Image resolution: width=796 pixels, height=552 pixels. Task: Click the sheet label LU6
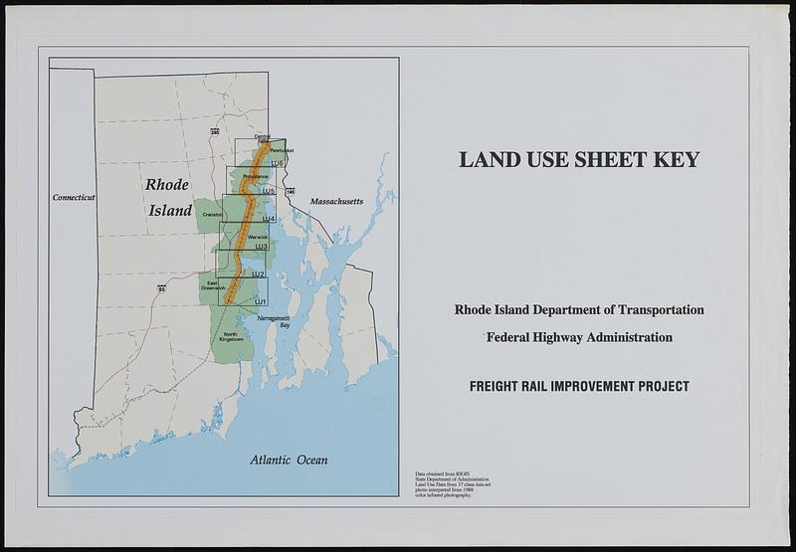(277, 162)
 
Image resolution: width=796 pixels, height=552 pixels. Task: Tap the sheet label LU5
(269, 190)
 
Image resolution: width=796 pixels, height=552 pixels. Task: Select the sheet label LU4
(269, 219)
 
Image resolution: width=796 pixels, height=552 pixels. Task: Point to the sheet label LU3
(262, 246)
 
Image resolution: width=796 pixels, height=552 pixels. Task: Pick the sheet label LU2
(258, 274)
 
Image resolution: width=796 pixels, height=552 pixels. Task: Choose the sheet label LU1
(261, 300)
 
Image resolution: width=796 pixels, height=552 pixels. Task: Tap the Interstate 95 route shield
(160, 288)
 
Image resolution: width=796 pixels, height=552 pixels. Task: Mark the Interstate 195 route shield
(290, 191)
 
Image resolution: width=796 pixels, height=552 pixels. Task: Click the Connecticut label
(74, 198)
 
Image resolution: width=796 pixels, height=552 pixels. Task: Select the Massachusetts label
(336, 202)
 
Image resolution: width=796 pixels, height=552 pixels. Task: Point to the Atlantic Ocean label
(289, 460)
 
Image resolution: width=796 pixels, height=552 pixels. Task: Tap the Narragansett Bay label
(275, 321)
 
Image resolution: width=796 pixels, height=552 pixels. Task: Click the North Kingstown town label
(231, 338)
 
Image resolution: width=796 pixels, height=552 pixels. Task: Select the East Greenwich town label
(212, 285)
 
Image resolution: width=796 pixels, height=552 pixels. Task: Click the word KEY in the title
(673, 159)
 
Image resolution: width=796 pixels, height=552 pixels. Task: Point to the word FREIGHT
(501, 386)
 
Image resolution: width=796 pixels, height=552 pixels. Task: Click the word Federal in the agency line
(510, 338)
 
